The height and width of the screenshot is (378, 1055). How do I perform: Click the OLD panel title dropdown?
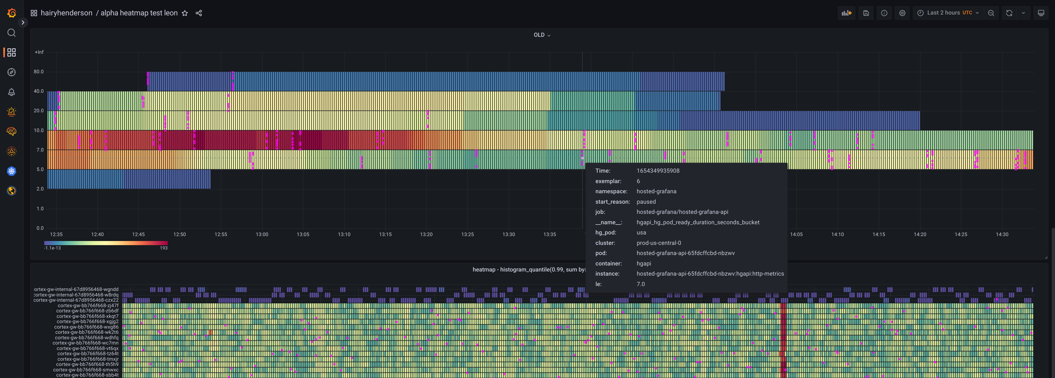[542, 35]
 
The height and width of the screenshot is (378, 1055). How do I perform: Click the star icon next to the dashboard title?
[185, 13]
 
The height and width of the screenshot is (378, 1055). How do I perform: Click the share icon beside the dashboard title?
[199, 13]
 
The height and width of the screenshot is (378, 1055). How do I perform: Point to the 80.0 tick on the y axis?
[38, 72]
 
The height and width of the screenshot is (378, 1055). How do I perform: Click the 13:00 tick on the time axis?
[262, 234]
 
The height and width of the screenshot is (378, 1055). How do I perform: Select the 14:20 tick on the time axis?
[920, 234]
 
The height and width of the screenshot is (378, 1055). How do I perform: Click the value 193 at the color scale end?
[163, 248]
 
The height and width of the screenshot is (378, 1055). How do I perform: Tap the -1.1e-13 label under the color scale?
[52, 248]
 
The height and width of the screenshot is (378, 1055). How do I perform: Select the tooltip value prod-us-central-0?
[659, 243]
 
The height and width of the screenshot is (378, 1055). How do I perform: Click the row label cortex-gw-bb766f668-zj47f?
[88, 306]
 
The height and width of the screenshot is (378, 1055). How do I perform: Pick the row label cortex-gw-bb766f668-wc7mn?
[85, 343]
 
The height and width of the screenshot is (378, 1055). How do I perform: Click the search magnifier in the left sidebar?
[12, 33]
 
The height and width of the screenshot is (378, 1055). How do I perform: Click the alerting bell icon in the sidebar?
[12, 92]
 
